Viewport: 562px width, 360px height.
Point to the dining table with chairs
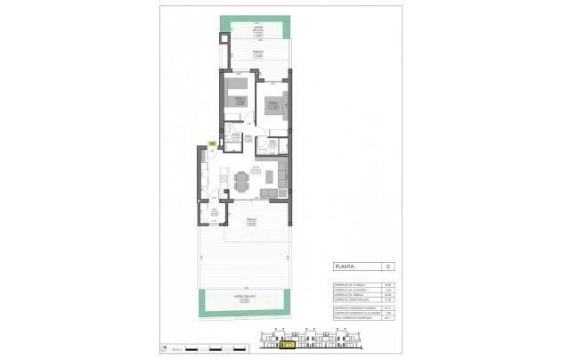coord(240,182)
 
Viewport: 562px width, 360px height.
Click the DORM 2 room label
coord(240,101)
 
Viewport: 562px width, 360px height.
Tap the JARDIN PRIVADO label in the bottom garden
coord(243,300)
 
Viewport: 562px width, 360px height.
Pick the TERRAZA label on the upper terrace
coord(256,54)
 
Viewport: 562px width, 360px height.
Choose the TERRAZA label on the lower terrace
coord(250,223)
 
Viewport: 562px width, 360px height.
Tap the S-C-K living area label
coord(255,169)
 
